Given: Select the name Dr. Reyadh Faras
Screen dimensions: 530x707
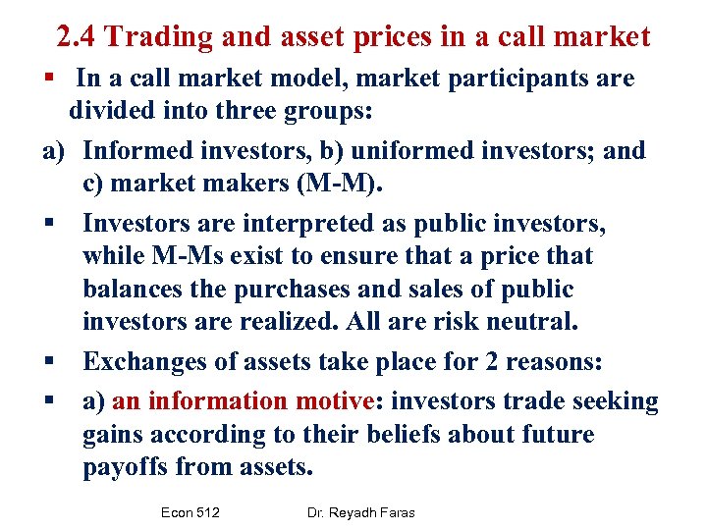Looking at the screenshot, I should (360, 513).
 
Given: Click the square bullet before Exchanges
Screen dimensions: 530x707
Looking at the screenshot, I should (48, 362).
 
